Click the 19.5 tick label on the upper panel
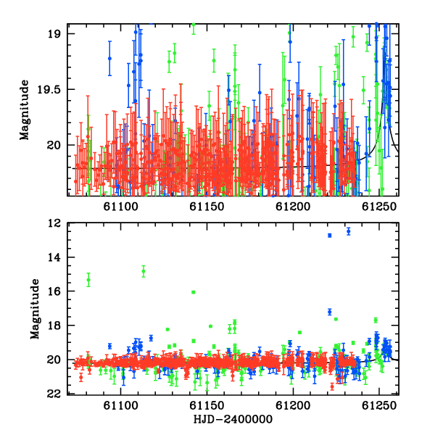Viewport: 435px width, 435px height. (x=48, y=90)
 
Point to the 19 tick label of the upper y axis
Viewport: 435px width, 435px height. (x=54, y=34)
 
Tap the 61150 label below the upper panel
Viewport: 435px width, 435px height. (x=207, y=207)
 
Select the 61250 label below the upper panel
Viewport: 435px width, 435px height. (x=379, y=207)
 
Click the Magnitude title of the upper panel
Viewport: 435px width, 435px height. (x=25, y=110)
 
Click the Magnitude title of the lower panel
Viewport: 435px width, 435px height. (x=35, y=309)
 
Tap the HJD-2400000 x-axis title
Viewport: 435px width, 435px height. (x=233, y=419)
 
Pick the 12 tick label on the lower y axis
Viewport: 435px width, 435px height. (x=54, y=223)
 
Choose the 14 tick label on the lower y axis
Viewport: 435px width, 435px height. (x=54, y=257)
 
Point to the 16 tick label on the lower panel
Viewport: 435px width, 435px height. (x=54, y=291)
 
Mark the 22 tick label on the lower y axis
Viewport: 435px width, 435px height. (x=54, y=394)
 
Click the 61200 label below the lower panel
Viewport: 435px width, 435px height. (x=293, y=405)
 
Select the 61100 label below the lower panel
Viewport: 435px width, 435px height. (x=120, y=405)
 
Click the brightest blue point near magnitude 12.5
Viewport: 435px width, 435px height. (x=349, y=231)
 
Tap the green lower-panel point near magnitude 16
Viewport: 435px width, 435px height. (x=194, y=292)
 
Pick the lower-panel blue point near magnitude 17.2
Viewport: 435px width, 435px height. (x=330, y=312)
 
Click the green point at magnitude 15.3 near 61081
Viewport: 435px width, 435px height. (x=88, y=280)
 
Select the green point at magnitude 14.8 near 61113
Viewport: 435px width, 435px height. (x=144, y=271)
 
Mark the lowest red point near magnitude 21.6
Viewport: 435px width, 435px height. (x=332, y=386)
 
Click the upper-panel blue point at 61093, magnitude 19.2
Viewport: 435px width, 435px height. (x=109, y=58)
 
